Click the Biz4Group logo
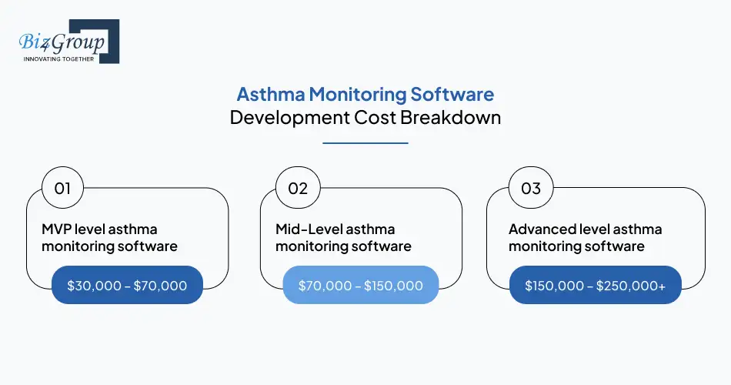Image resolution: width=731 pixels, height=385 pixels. [68, 41]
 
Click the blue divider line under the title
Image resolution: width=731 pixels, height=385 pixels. [365, 142]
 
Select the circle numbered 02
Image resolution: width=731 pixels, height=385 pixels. [297, 188]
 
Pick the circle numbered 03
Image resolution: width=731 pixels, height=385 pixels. [531, 188]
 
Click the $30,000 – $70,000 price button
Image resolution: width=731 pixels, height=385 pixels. [127, 286]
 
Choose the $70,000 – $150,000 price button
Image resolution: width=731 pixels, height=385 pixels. [361, 286]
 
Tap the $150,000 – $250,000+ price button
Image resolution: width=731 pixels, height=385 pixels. [595, 286]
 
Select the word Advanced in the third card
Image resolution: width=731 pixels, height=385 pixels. [540, 229]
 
